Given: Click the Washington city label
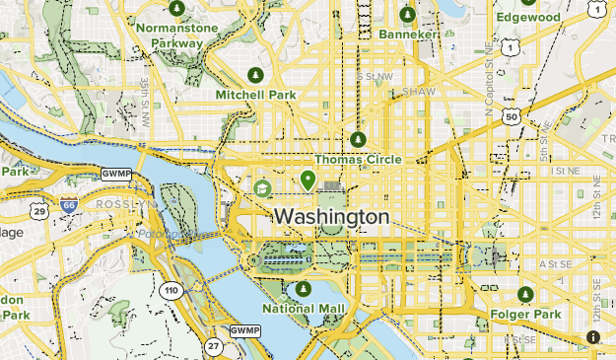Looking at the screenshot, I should (x=331, y=216).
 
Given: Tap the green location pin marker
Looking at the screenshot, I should (x=308, y=180).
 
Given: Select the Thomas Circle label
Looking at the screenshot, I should (x=358, y=159).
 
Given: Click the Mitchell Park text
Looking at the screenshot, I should (x=255, y=95).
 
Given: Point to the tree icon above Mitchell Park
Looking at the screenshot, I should (x=255, y=75).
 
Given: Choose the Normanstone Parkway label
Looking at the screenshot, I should (x=176, y=36).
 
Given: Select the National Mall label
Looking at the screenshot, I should (x=304, y=309).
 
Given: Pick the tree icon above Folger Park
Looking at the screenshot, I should (x=526, y=295).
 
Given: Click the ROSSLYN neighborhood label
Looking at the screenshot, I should (x=127, y=204).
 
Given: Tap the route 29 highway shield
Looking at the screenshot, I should (x=39, y=211).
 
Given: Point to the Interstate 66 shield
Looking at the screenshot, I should (x=68, y=205).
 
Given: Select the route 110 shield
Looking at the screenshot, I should (x=172, y=291).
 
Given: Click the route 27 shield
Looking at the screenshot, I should (x=214, y=344).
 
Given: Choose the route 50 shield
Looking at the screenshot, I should (x=511, y=116).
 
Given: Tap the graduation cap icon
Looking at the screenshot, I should (x=263, y=187).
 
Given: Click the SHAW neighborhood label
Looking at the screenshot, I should (x=418, y=91).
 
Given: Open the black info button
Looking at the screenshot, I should (x=593, y=337).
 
